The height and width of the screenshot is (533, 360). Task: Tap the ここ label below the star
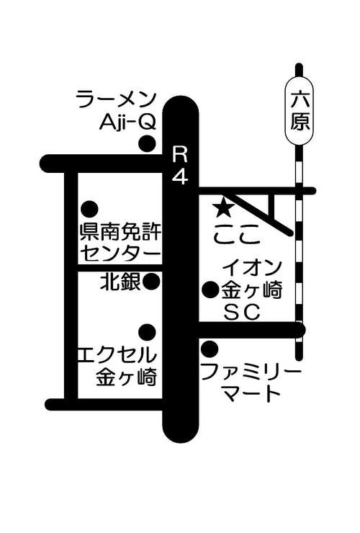click(238, 235)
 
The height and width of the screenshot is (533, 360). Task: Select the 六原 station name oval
click(299, 112)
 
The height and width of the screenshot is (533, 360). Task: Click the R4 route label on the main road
click(180, 166)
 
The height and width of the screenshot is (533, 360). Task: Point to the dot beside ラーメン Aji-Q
click(148, 143)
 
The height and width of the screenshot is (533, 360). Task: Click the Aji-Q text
click(128, 121)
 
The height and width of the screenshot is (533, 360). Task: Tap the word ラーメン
click(117, 99)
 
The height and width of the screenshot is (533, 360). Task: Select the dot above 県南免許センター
click(90, 209)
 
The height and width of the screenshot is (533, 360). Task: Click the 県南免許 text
click(121, 232)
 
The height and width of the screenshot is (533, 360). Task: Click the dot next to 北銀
click(151, 282)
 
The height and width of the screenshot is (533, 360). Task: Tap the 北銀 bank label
click(120, 282)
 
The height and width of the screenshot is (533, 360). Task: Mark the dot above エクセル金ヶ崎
click(148, 332)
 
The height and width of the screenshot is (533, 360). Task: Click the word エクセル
click(117, 354)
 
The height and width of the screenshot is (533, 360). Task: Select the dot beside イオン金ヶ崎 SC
click(210, 290)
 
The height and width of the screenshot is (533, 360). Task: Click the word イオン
click(252, 269)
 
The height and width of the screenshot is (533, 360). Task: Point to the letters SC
click(242, 312)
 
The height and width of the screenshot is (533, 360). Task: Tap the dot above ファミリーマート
click(210, 349)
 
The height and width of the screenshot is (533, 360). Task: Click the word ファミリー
click(251, 372)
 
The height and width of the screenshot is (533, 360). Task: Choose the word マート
click(252, 394)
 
